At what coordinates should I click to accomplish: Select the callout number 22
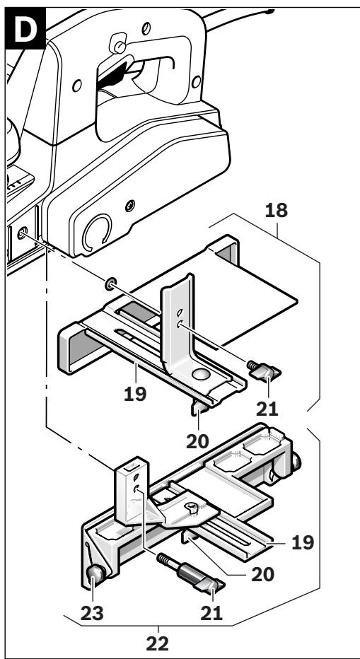pyautogui.click(x=159, y=645)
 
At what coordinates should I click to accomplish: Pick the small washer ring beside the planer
pyautogui.click(x=110, y=284)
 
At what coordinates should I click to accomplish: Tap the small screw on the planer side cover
pyautogui.click(x=129, y=206)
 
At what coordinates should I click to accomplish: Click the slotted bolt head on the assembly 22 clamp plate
pyautogui.click(x=194, y=507)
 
